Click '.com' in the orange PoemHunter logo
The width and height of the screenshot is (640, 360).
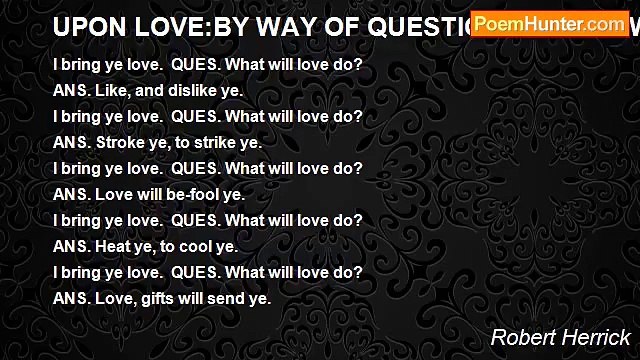tap(605, 24)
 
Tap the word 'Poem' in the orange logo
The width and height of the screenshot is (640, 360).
tap(513, 24)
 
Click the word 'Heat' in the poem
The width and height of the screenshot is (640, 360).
tap(110, 246)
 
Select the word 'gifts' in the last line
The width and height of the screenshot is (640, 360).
tap(157, 298)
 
